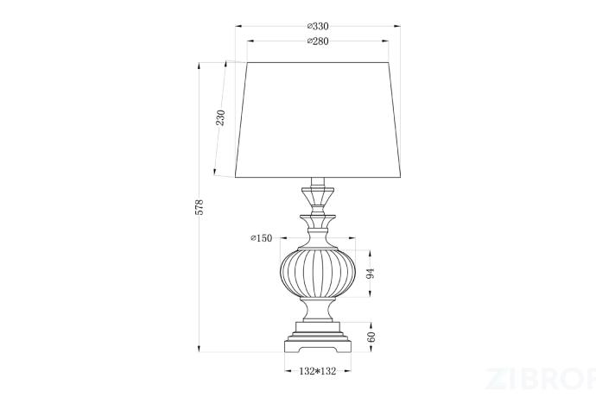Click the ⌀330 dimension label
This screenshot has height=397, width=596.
318,26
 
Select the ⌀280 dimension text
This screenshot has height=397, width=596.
318,41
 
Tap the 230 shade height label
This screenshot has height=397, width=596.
220,117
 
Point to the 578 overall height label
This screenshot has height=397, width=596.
200,207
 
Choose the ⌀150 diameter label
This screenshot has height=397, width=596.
262,238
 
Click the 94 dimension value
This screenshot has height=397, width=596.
371,273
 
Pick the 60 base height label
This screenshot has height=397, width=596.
371,337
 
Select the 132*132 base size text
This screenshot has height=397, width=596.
318,371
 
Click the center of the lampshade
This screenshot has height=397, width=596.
318,120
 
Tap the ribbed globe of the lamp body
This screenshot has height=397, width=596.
318,273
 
